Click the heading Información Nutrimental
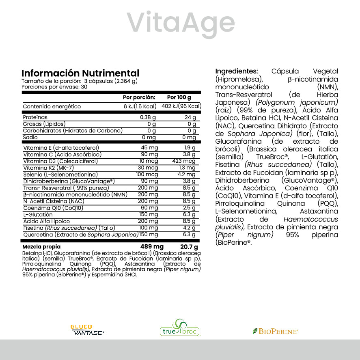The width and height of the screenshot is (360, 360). click(x=80, y=73)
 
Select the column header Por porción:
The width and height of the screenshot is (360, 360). click(x=139, y=97)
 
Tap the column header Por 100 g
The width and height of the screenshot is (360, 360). click(x=179, y=97)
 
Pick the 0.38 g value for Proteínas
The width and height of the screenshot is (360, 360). click(x=148, y=117)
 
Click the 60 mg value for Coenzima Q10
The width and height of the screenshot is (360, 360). click(x=150, y=208)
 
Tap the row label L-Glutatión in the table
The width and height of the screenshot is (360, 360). click(x=38, y=215)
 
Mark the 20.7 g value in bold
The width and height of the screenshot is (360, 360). click(x=189, y=247)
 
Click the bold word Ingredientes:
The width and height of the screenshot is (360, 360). click(x=236, y=71)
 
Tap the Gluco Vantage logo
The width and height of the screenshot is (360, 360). click(x=87, y=329)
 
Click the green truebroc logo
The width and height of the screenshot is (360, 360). click(x=179, y=328)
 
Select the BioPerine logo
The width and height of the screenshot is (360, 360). click(x=275, y=331)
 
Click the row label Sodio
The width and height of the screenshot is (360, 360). click(x=30, y=137)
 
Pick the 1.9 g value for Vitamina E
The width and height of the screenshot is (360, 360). click(x=190, y=148)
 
